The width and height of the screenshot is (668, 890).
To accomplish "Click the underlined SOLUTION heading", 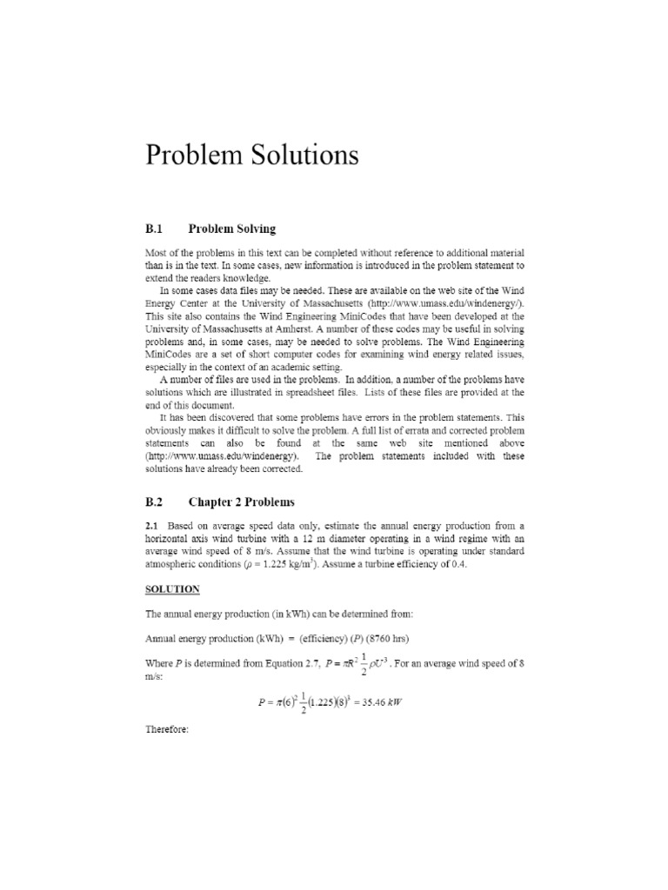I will tap(172, 589).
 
